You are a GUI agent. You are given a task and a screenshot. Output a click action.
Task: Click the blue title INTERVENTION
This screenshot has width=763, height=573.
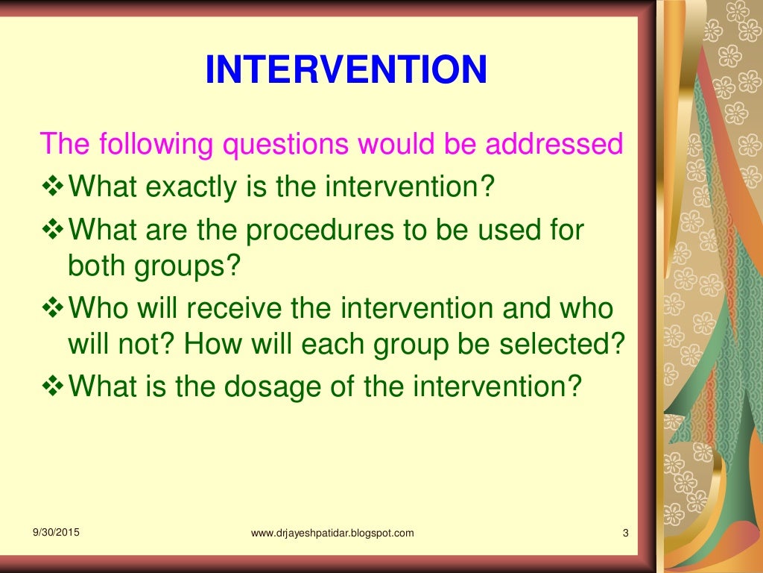coord(346,70)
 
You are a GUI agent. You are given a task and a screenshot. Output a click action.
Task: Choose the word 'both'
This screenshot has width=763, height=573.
coord(95,266)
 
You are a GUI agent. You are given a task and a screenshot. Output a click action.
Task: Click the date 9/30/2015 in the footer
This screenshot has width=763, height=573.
coord(57,532)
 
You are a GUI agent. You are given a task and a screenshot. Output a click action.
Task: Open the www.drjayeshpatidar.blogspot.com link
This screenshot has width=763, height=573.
coord(332,533)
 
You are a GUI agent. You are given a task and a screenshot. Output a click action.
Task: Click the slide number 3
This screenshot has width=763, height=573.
coord(625,533)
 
